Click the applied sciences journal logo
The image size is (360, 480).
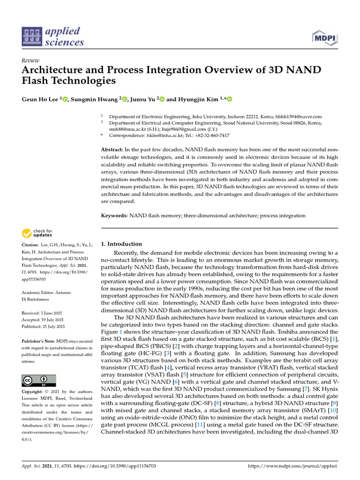point(53,37)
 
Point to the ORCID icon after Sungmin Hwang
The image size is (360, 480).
point(125,99)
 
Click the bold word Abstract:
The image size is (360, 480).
point(112,149)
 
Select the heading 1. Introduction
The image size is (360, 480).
point(121,244)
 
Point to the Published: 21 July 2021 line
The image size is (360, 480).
point(44,326)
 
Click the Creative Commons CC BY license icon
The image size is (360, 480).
point(38,381)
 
